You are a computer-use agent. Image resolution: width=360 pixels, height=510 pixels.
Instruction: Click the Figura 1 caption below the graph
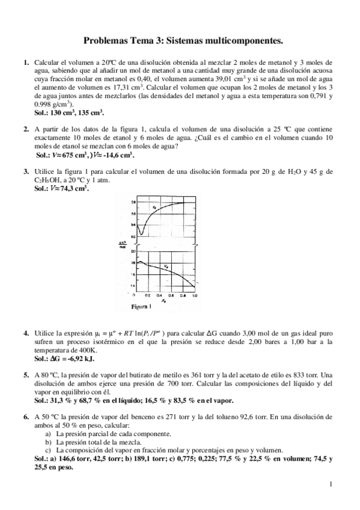coord(141,306)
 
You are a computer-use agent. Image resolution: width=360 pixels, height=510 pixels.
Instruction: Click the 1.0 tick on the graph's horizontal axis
coord(195,296)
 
